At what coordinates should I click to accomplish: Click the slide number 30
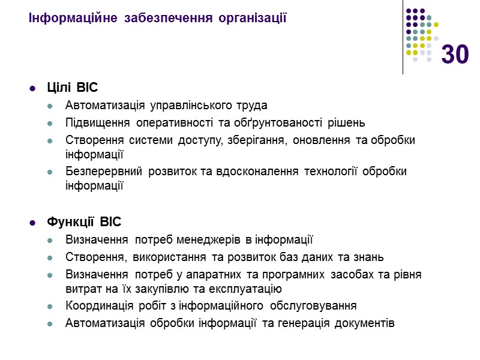point(455,55)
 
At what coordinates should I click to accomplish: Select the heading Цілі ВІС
point(72,88)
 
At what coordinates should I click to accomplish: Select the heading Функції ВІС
point(84,223)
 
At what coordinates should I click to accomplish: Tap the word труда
point(253,106)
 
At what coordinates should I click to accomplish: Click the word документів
point(365,323)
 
